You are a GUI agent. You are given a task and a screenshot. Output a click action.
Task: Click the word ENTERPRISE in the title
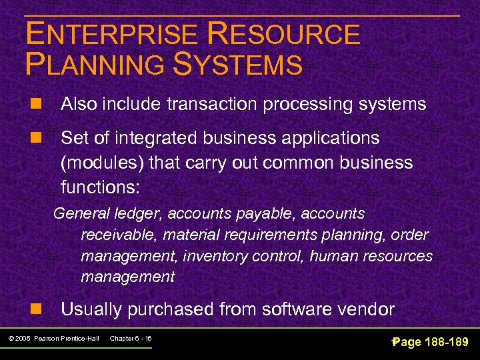(111, 35)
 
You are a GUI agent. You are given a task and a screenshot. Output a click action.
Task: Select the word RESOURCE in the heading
(284, 35)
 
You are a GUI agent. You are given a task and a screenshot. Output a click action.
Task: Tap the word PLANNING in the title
(93, 65)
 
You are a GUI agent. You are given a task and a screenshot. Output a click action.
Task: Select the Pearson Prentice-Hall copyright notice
(55, 339)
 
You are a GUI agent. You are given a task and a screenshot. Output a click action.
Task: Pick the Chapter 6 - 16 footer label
(131, 339)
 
